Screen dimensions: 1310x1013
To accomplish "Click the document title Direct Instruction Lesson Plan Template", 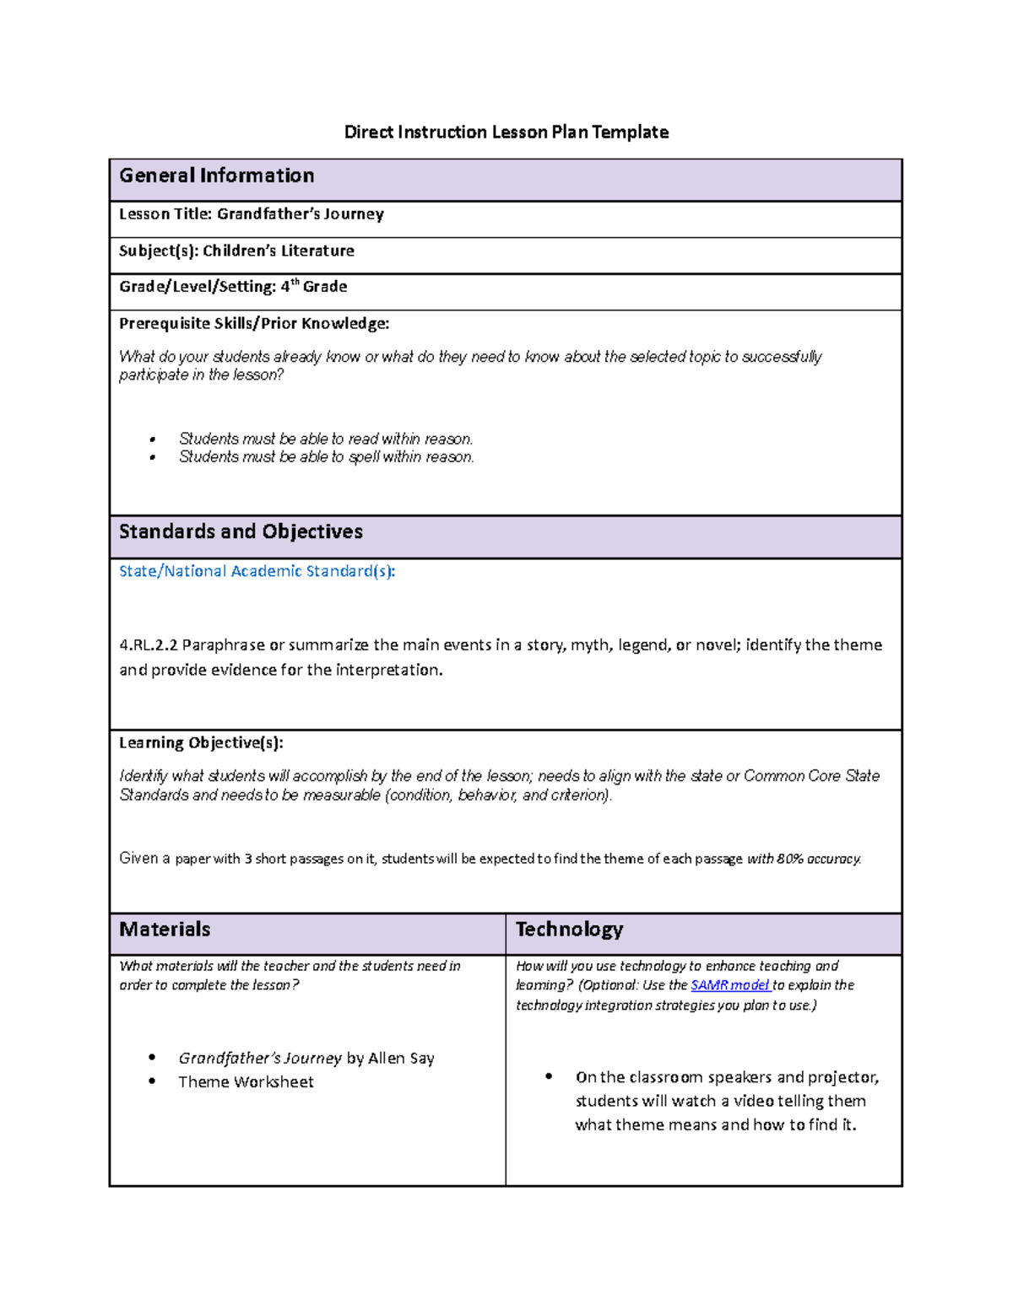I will point(506,132).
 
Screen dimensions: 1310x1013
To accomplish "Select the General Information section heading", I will point(217,175).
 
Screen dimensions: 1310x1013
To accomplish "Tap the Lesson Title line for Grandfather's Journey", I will point(252,214).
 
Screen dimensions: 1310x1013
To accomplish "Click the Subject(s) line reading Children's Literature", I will point(236,251).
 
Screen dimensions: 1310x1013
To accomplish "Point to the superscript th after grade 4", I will point(295,282).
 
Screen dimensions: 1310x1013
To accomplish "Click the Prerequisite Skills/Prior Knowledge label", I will point(254,323).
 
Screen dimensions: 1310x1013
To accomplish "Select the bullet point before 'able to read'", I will point(153,439).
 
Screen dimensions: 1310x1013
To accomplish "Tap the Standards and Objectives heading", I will point(241,531).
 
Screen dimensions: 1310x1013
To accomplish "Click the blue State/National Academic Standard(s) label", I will point(257,571).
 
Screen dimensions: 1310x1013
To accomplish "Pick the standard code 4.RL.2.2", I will point(149,645).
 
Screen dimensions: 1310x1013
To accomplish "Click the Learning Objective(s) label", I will point(201,742).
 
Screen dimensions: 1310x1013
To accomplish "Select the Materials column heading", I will point(165,930).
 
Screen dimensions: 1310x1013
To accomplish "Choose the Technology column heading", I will point(569,930).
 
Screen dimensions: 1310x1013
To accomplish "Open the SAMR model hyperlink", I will point(729,985).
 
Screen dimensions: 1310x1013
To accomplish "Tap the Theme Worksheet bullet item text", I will point(246,1082).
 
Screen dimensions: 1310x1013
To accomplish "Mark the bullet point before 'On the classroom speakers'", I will point(550,1076).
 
